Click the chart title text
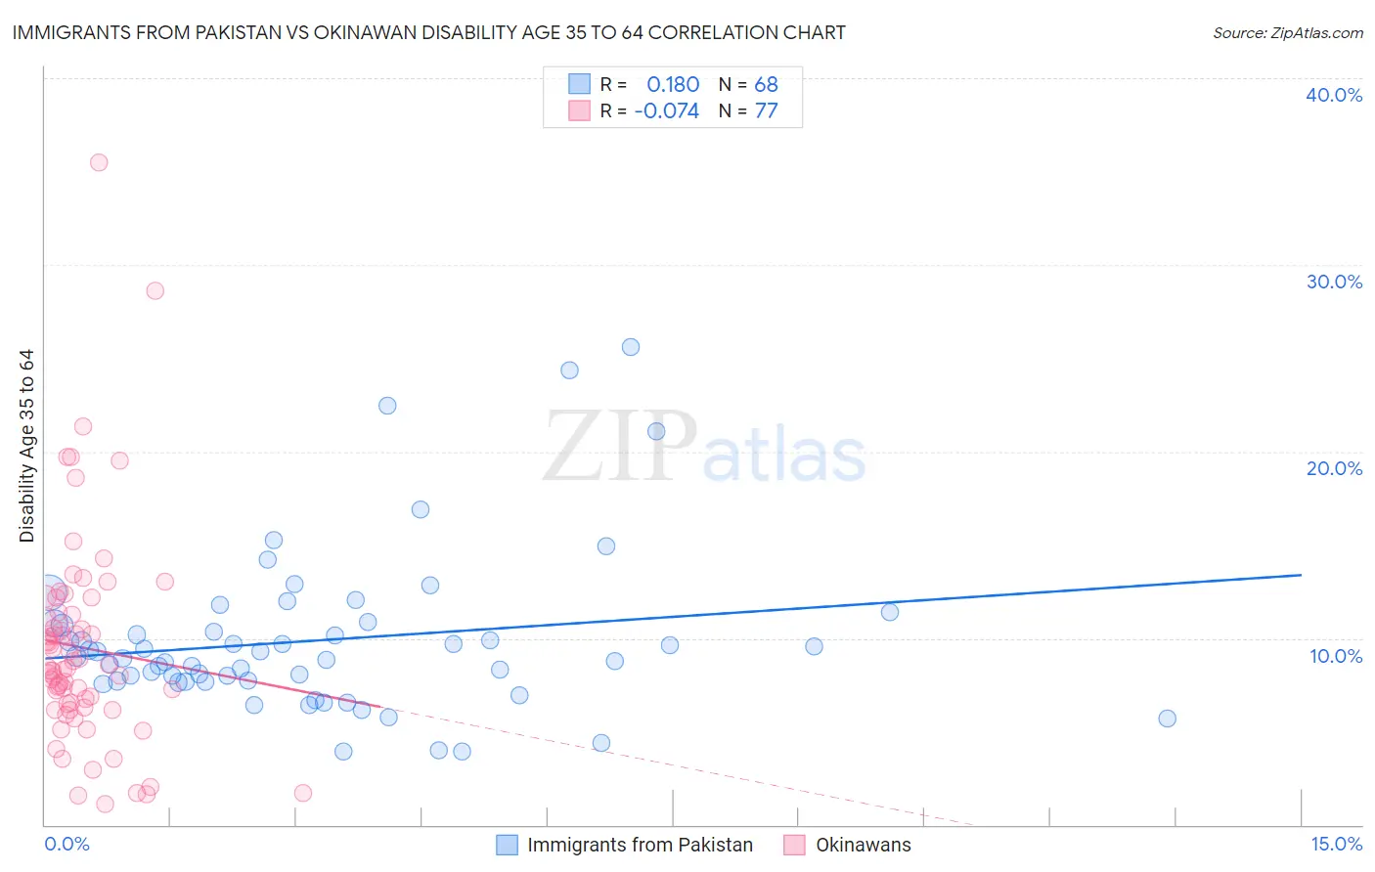pos(428,32)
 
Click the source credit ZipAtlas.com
pos(1287,33)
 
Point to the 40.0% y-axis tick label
pos(1334,95)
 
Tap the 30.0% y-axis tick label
pos(1334,282)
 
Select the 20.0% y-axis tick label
pos(1334,468)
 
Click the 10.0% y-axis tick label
pos(1334,656)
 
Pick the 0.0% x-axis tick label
pos(67,844)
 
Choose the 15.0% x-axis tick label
pos(1336,844)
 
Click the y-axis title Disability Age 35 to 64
pos(26,446)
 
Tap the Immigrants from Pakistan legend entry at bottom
pos(640,845)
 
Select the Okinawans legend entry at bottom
pos(863,845)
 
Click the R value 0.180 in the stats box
pos(673,85)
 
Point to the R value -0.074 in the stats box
pos(666,111)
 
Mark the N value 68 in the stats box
pos(766,85)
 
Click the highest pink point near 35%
pos(99,162)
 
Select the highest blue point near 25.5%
pos(631,347)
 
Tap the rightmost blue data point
pos(1167,719)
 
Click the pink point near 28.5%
pos(155,290)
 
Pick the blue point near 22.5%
pos(387,406)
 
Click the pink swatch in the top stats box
pos(580,110)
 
